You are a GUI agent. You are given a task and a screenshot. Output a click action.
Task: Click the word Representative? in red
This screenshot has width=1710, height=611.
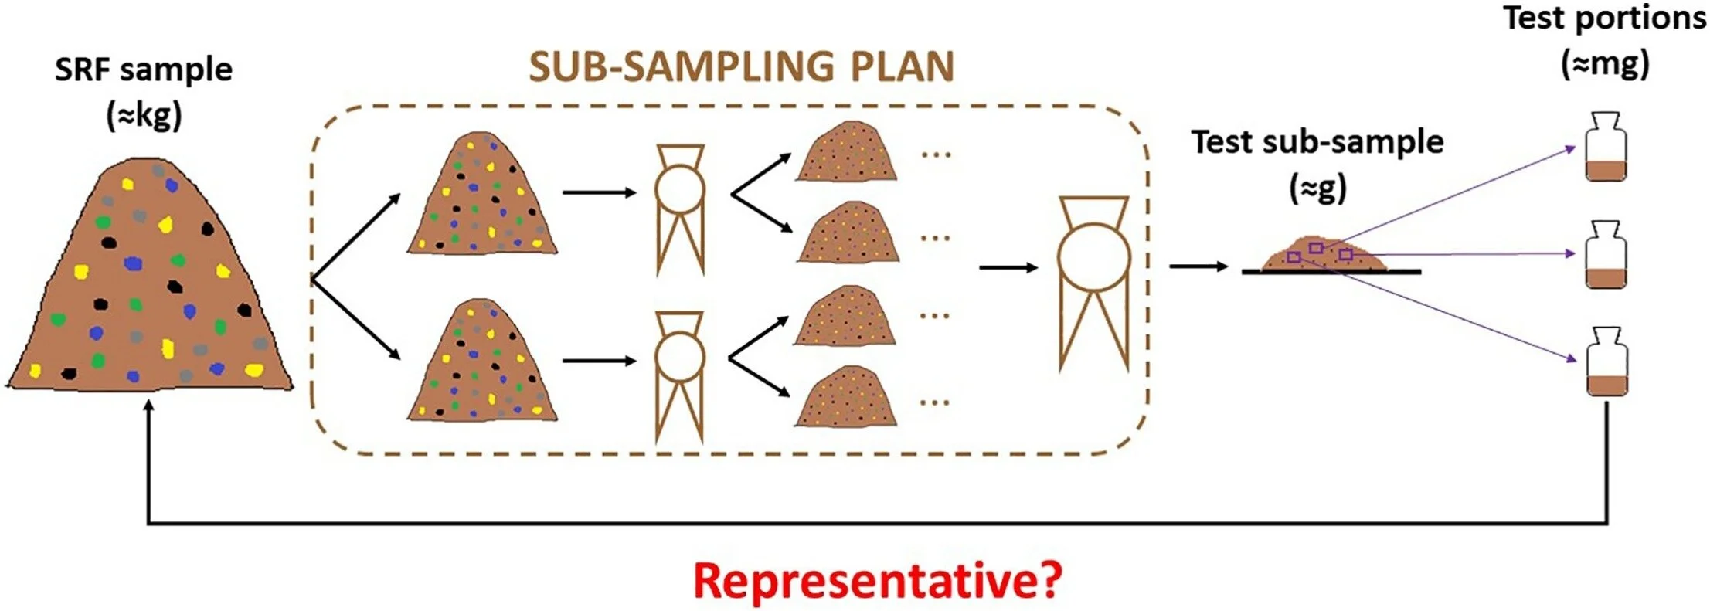point(878,581)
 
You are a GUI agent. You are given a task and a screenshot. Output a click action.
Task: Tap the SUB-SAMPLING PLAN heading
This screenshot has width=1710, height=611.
point(741,67)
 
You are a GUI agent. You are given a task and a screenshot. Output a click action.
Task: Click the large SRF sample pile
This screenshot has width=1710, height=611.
point(151,286)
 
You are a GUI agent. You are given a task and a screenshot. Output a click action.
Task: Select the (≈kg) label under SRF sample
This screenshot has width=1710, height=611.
point(144,115)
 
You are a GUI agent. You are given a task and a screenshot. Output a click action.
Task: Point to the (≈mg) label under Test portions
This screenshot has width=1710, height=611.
point(1605,63)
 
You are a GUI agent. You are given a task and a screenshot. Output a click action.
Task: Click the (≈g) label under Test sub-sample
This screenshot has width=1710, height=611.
point(1317,187)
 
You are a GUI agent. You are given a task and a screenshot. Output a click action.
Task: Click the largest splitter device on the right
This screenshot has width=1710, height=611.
point(1093,282)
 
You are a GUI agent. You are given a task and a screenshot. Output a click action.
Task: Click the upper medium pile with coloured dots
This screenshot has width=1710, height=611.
point(484,197)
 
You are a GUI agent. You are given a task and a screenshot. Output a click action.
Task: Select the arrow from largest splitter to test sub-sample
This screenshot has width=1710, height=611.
point(1198,266)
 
